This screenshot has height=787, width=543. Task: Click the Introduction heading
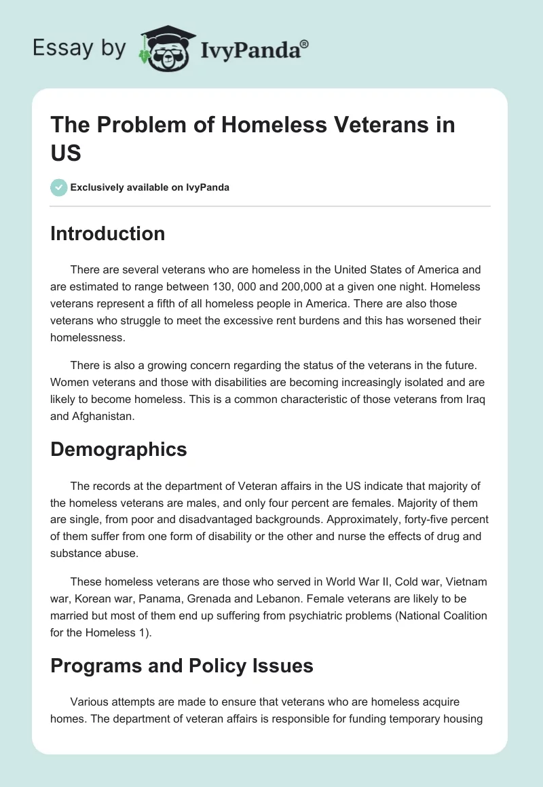pyautogui.click(x=107, y=233)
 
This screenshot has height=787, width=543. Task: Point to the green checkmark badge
pyautogui.click(x=59, y=187)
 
